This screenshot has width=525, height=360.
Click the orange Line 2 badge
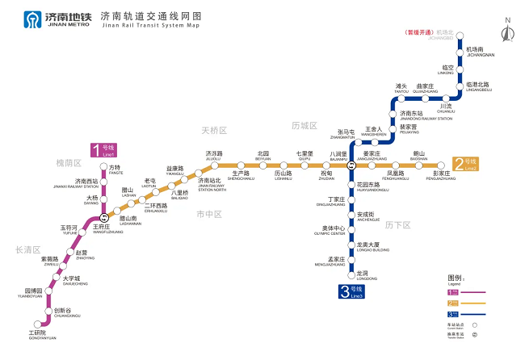(466, 165)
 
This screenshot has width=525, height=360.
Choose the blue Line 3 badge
(351, 291)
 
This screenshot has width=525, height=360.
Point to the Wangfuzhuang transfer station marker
(103, 218)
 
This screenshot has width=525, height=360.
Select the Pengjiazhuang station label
(447, 175)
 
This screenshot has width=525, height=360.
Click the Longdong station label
(361, 275)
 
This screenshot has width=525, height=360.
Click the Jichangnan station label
(480, 52)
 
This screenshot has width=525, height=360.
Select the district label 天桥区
(214, 129)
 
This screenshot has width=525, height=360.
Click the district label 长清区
(27, 250)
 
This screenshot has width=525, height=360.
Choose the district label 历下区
(397, 224)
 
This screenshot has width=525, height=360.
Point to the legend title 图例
(457, 277)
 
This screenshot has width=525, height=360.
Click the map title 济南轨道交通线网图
(150, 16)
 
